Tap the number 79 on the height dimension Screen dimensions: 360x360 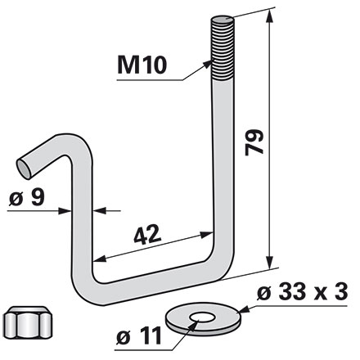[x=255, y=145]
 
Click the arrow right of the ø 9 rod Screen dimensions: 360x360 [x=99, y=210]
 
